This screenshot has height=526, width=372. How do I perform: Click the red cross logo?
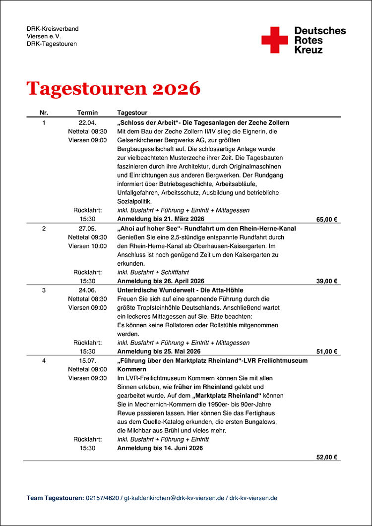coord(274,40)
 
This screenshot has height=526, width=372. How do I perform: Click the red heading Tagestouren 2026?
coord(114,88)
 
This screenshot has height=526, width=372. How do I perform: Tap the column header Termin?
coord(87,113)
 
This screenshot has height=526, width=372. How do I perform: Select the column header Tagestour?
coord(132,113)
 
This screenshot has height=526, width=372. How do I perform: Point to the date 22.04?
coord(87,122)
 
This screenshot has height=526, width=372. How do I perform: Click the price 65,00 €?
coord(327,219)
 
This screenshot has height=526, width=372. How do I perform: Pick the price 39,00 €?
coord(327,281)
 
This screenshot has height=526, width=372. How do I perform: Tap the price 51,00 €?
coord(327,352)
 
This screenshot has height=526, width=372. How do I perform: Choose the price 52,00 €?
coord(327,458)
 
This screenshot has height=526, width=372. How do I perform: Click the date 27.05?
coord(87,229)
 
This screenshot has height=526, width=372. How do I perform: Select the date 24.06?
coord(87,290)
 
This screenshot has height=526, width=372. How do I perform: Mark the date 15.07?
coord(87,361)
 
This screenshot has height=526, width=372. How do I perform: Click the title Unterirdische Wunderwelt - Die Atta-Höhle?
coord(180,290)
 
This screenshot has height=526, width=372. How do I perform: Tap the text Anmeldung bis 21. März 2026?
coord(161,219)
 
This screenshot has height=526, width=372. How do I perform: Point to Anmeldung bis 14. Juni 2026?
coord(160,448)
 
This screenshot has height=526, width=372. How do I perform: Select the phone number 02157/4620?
coord(103,498)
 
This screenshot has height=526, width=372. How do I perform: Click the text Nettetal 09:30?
coord(87,237)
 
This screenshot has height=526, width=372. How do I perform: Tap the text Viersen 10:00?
coord(87,246)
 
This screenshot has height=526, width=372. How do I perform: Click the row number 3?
coord(44,290)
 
